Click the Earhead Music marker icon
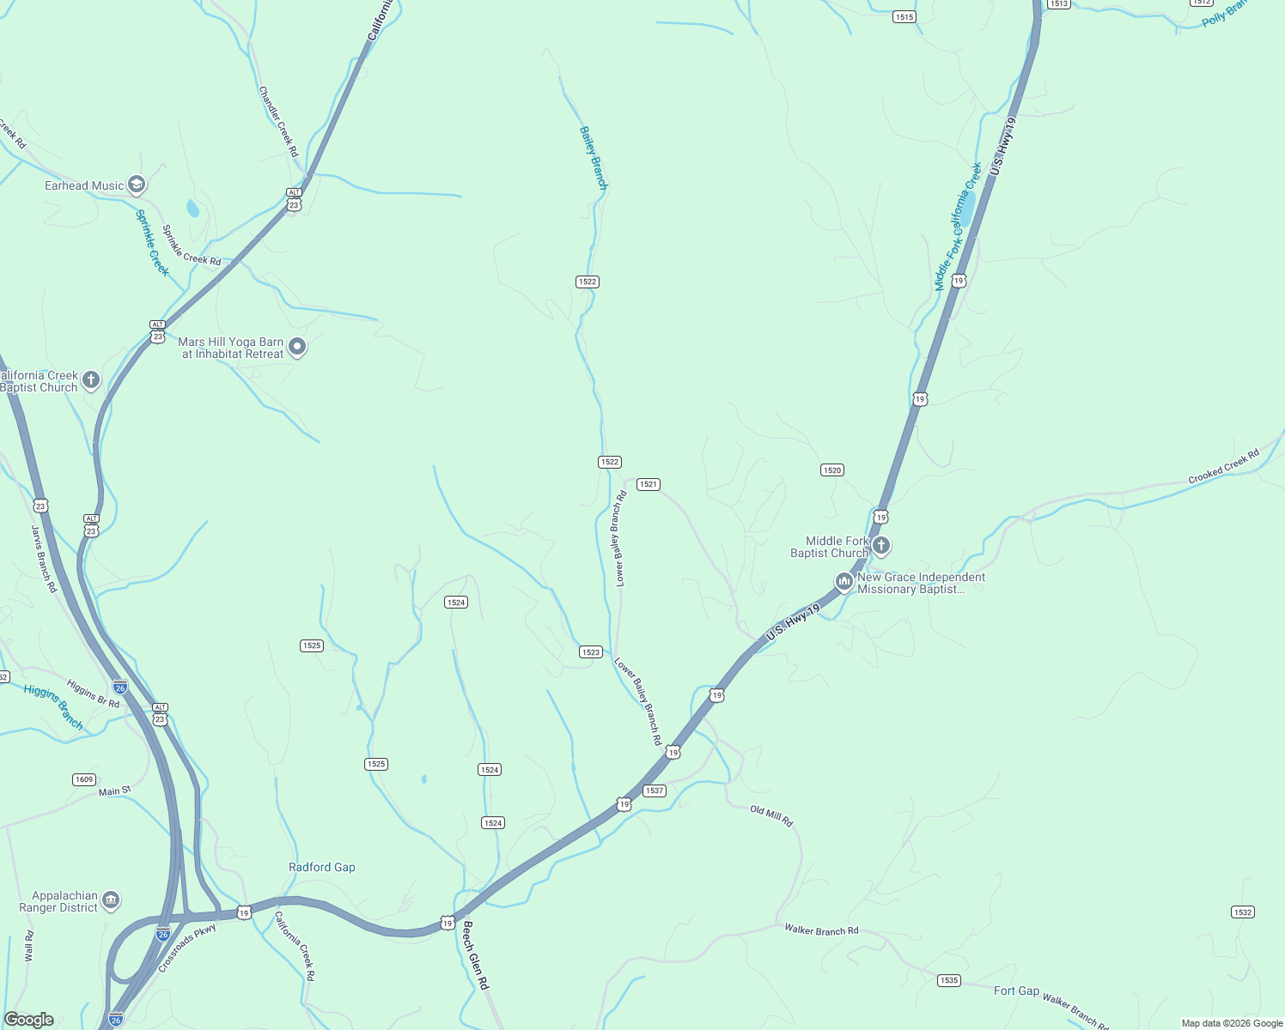(136, 185)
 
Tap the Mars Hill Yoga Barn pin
(297, 347)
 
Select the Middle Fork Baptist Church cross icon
(880, 545)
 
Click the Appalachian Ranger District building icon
(110, 900)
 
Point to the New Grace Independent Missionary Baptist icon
(844, 582)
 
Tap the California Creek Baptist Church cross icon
(91, 380)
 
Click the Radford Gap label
(322, 867)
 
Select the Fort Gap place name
(1016, 991)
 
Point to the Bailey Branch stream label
(593, 158)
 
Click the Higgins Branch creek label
(53, 706)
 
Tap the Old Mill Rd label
(771, 815)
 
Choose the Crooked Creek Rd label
(1223, 466)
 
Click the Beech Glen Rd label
(475, 955)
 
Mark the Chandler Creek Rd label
(278, 121)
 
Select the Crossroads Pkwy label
(187, 948)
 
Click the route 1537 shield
(655, 791)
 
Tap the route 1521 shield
(649, 484)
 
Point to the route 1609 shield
(83, 779)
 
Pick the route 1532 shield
(1242, 912)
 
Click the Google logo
(29, 1020)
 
